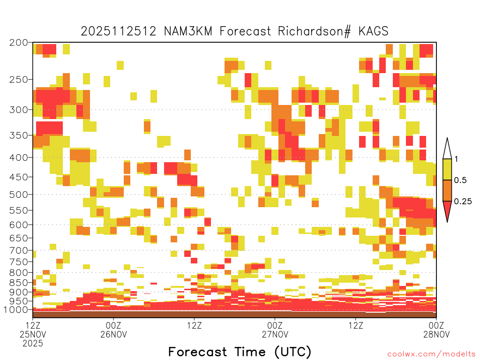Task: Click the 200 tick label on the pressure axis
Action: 19,43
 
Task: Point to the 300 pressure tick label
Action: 19,110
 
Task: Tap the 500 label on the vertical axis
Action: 19,195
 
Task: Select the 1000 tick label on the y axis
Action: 16,309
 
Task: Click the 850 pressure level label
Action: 19,282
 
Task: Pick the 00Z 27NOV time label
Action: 275,330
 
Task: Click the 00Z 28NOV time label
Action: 436,330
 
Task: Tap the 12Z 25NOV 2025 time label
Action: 33,334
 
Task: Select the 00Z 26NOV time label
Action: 113,330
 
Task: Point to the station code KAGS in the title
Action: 373,31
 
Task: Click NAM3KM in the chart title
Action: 188,31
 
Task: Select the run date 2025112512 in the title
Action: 119,31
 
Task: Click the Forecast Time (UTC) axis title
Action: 240,352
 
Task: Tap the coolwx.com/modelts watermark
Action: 432,354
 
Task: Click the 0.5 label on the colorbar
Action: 460,180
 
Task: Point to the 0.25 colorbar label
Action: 463,201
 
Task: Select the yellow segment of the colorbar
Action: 447,169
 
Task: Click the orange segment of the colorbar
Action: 447,190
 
